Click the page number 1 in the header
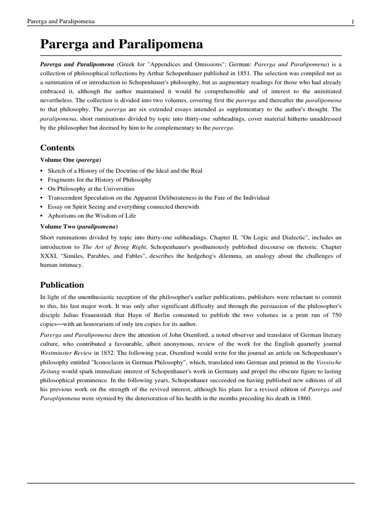point(352,22)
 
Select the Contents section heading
point(57,148)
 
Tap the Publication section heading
point(62,285)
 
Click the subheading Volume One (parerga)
point(71,160)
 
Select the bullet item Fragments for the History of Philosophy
point(99,179)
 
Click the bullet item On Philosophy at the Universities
point(91,189)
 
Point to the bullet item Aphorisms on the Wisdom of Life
point(92,216)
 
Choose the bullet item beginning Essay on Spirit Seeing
point(123,207)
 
